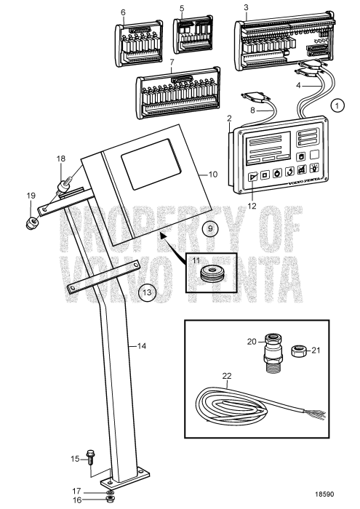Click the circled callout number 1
(337, 105)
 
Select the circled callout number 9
(209, 228)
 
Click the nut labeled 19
(32, 220)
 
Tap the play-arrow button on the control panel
(252, 176)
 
